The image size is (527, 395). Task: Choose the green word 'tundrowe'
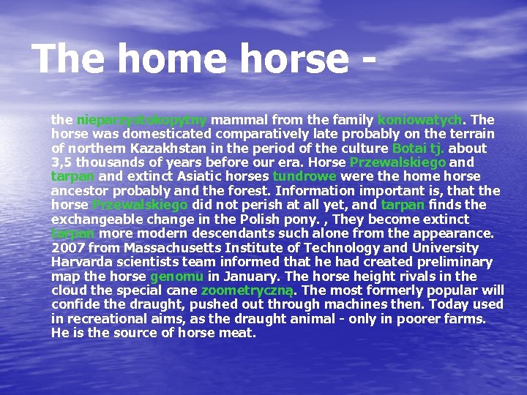pos(304,176)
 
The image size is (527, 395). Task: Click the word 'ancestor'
pos(78,190)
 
